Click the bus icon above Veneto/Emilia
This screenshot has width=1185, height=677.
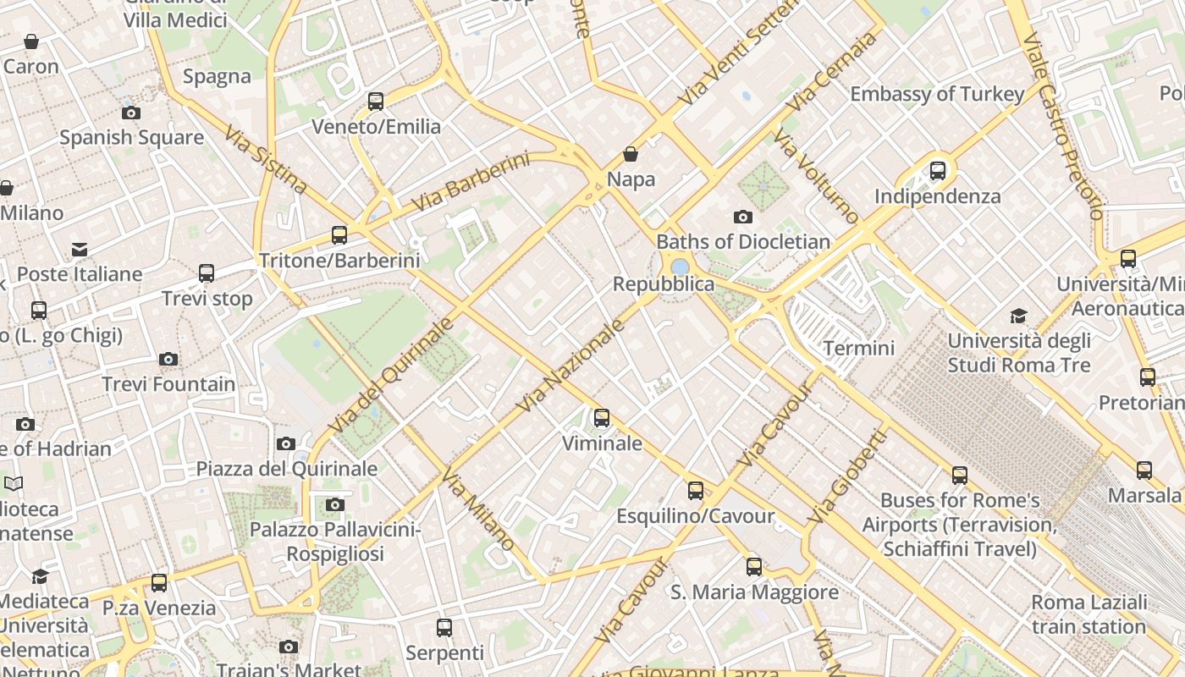(376, 102)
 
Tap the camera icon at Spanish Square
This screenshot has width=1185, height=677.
(131, 113)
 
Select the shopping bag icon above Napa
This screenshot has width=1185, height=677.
(631, 154)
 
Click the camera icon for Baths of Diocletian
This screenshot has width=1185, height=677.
(743, 217)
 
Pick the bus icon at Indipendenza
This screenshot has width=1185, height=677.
(938, 171)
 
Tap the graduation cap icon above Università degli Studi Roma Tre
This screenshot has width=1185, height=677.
(1019, 316)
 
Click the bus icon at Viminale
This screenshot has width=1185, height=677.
(602, 418)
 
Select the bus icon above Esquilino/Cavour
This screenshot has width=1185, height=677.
(696, 491)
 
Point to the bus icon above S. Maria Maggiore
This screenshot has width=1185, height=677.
(754, 567)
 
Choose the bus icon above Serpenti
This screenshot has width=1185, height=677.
(444, 628)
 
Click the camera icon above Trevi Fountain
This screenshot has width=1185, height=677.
(168, 359)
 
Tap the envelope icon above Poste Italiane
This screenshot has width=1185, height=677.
(80, 250)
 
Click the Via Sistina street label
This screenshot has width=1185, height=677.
(266, 159)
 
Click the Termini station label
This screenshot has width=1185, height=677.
(858, 348)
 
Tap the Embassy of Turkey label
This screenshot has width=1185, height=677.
(937, 94)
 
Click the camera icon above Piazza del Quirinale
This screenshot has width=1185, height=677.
(286, 443)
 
